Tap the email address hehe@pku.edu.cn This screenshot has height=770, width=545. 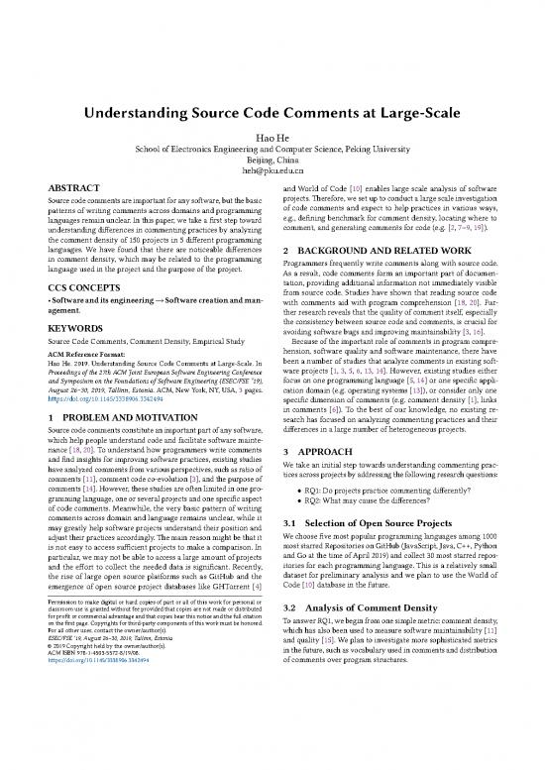[272, 170]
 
